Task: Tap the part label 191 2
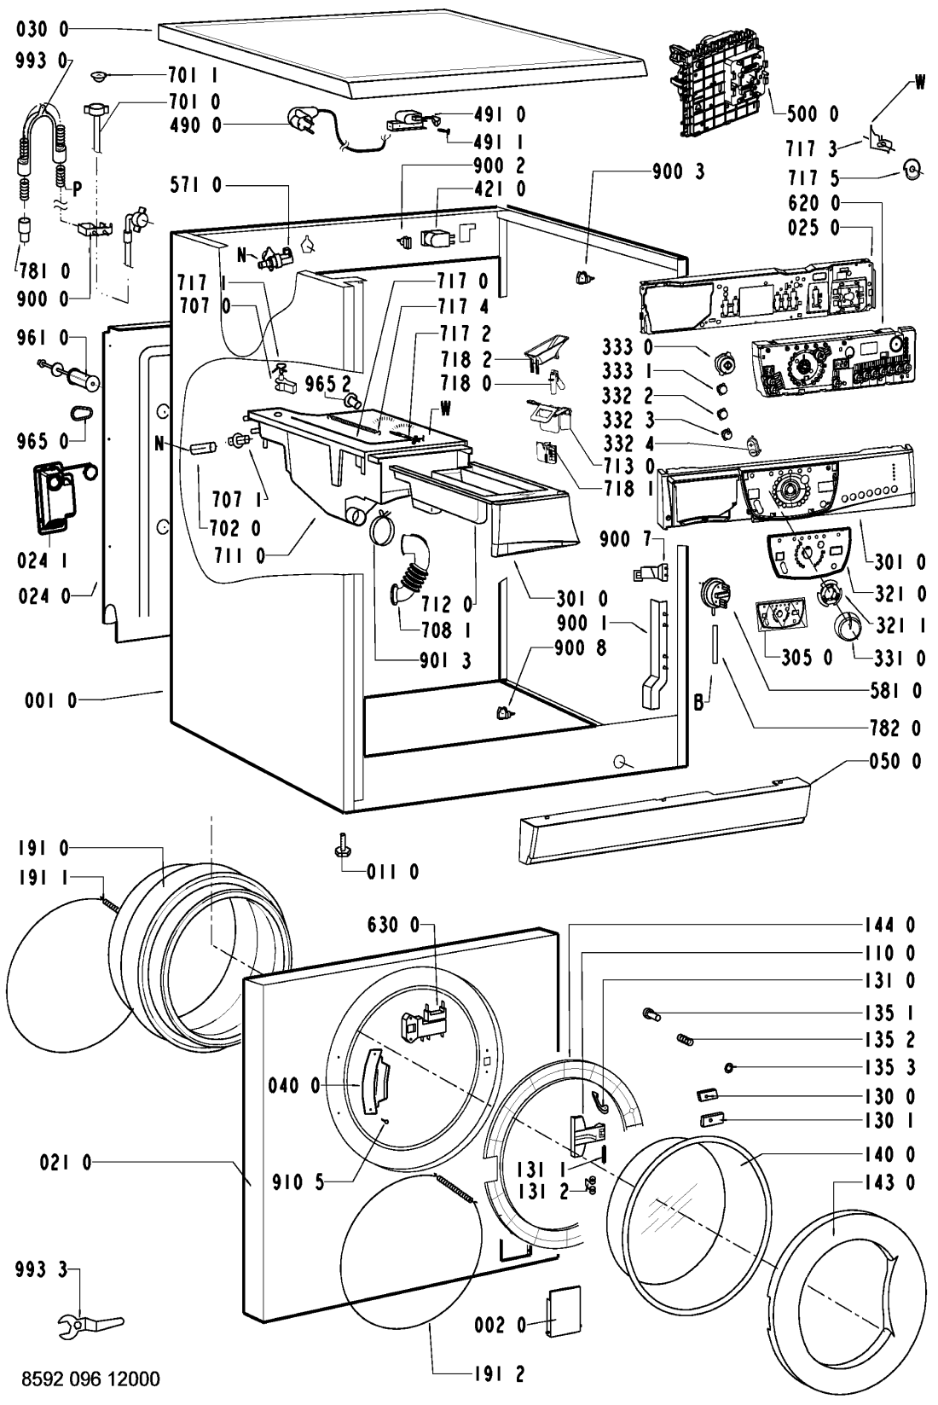[499, 1374]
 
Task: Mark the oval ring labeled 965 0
[82, 414]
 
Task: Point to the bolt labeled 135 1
[652, 1014]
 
